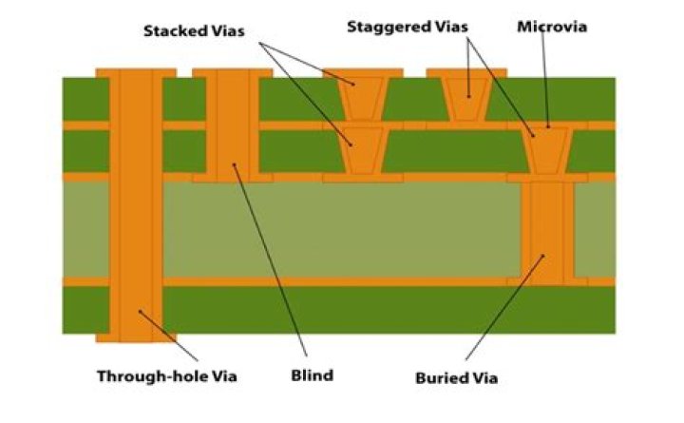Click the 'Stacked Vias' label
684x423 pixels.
pos(194,31)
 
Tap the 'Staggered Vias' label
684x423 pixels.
pos(408,27)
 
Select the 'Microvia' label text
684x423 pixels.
pos(552,27)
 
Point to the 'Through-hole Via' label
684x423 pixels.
pos(167,375)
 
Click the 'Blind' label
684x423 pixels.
pos(313,375)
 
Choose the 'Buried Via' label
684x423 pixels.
pos(457,377)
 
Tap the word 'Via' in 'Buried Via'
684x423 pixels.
pos(484,377)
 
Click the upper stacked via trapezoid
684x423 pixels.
pos(363,99)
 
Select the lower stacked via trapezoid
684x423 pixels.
pos(363,150)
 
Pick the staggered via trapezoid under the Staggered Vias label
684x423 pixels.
pos(466,99)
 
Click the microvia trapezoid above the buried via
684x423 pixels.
pos(547,150)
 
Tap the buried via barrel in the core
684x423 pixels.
pos(547,230)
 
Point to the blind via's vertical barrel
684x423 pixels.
pos(233,125)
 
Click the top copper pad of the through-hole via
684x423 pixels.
pos(136,73)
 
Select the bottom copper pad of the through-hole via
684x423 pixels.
pos(136,337)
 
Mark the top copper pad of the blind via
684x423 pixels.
pos(233,73)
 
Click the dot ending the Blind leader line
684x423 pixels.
pos(235,164)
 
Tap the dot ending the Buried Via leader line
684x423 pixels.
pos(543,256)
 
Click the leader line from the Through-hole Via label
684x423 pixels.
pos(168,336)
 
